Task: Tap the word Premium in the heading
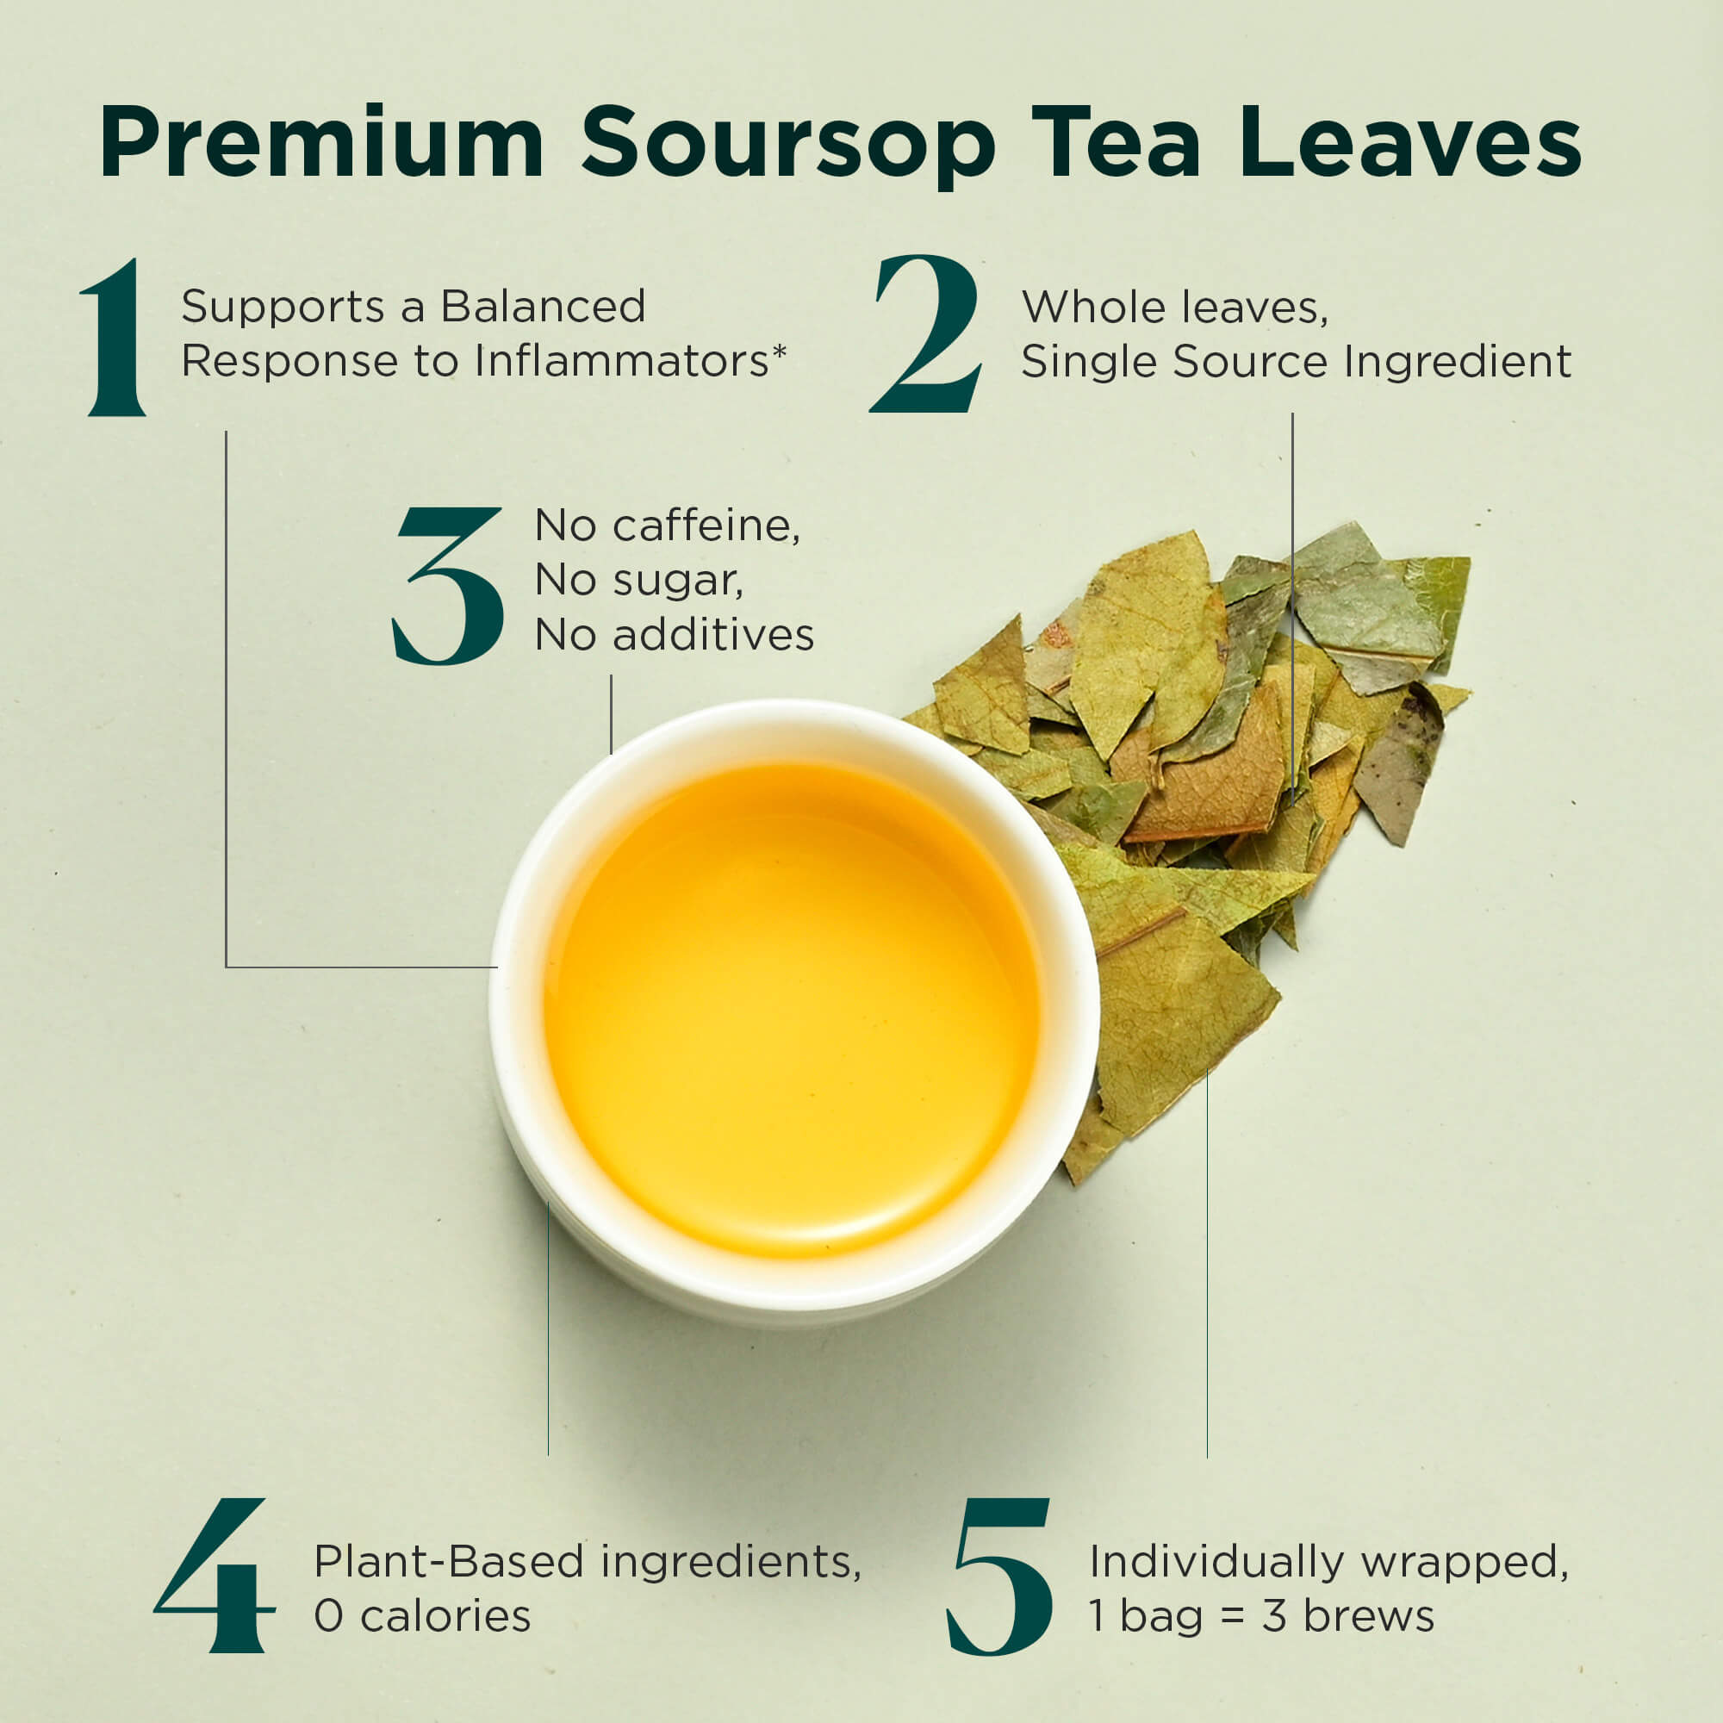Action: (x=322, y=142)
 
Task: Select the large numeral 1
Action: (x=115, y=337)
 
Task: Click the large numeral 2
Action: (x=927, y=333)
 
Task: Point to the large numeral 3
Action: (x=448, y=586)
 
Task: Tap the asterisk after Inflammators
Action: (x=780, y=351)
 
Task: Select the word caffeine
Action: (x=706, y=526)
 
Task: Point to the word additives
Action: (x=712, y=635)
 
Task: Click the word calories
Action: (x=446, y=1616)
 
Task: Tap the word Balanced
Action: (x=543, y=307)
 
